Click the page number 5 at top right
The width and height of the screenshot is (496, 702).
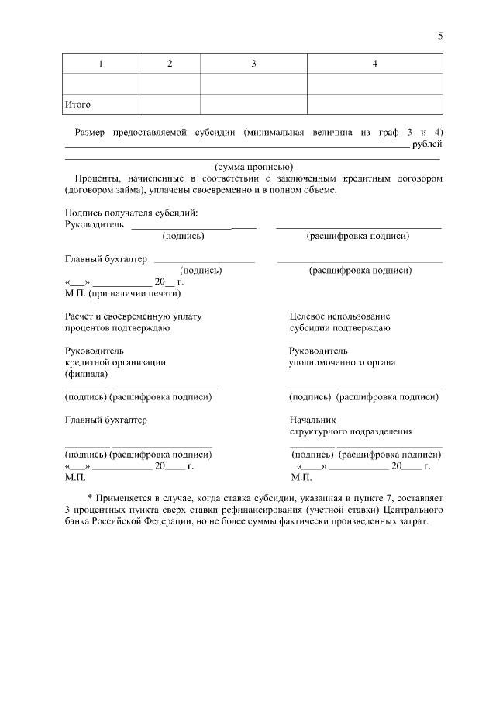click(439, 36)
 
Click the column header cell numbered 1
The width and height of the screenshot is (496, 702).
click(100, 64)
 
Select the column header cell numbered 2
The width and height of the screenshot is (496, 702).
click(170, 64)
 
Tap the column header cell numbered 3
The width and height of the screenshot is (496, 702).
click(253, 64)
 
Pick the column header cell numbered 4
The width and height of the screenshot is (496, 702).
click(374, 64)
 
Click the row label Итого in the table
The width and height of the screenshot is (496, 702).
click(77, 104)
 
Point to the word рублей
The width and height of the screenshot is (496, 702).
click(428, 144)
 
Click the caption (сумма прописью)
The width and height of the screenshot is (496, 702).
click(253, 166)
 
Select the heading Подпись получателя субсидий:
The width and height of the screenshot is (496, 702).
click(132, 213)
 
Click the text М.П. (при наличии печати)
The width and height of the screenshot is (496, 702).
click(123, 293)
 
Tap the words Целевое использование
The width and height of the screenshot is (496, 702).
click(339, 316)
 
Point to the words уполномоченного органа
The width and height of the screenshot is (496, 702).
click(342, 362)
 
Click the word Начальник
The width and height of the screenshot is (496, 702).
click(312, 420)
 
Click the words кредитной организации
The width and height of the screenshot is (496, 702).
click(115, 362)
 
